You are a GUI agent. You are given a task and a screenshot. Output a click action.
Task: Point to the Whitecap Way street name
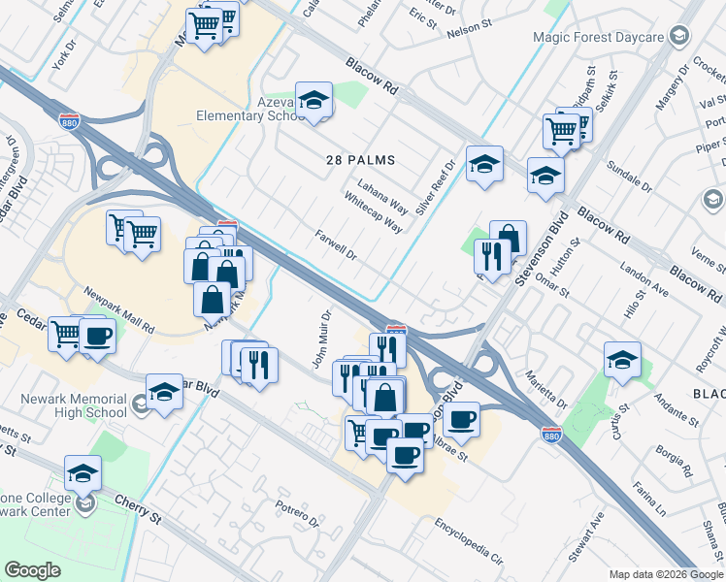click(373, 211)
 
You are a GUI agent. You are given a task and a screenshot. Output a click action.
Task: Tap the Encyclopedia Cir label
click(470, 542)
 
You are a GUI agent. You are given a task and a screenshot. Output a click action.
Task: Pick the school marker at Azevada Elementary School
click(313, 99)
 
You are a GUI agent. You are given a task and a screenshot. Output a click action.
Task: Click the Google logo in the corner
click(32, 569)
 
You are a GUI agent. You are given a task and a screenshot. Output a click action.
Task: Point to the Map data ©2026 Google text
click(665, 574)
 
